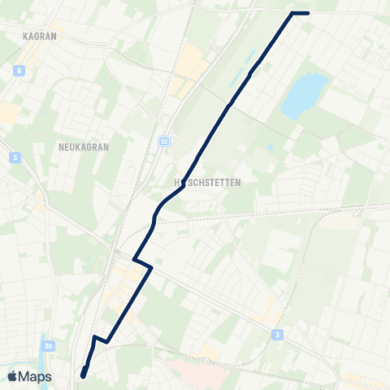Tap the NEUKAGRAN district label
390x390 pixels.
point(84,147)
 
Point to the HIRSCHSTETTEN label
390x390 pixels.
point(208,183)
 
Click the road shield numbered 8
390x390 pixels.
point(18,71)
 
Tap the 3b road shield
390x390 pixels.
point(50,346)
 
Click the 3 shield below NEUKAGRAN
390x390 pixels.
point(15,158)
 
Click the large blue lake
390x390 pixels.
point(303,96)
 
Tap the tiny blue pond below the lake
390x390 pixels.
point(270,148)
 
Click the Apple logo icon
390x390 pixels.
point(13,376)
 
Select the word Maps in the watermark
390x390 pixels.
point(35,376)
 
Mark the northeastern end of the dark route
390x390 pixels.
point(308,13)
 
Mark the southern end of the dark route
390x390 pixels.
point(83,375)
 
